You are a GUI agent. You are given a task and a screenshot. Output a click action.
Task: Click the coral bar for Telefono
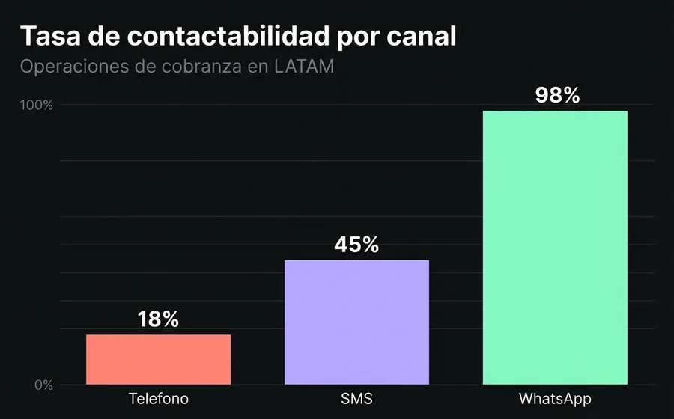(158, 360)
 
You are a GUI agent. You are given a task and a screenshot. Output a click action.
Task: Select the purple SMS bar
(356, 322)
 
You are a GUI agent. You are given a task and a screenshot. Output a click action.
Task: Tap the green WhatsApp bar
(554, 248)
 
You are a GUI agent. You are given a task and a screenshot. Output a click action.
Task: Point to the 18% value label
(158, 319)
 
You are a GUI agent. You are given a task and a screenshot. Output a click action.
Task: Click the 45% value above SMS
(356, 245)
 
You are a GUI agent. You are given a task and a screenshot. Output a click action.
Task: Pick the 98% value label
(557, 95)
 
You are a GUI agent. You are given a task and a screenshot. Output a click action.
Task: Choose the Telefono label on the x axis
(158, 399)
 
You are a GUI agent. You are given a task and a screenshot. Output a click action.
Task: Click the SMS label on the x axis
(356, 399)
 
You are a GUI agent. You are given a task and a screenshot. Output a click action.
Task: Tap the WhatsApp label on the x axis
(554, 399)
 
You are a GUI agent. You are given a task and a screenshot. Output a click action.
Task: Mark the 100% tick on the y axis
(37, 105)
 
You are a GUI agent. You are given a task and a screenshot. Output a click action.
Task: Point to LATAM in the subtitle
(304, 67)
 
